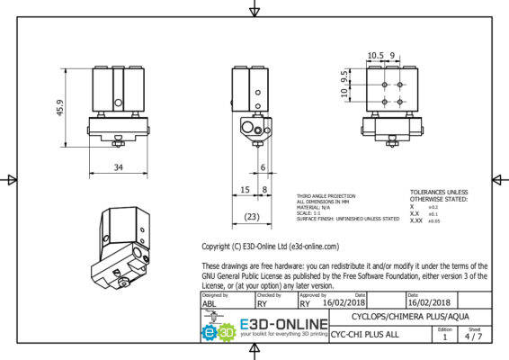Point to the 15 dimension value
coord(244,190)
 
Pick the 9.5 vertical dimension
coord(344,76)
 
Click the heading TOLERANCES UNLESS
coord(439,192)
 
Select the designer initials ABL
coord(209,304)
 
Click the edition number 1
coord(444,338)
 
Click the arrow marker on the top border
coord(254,9)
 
